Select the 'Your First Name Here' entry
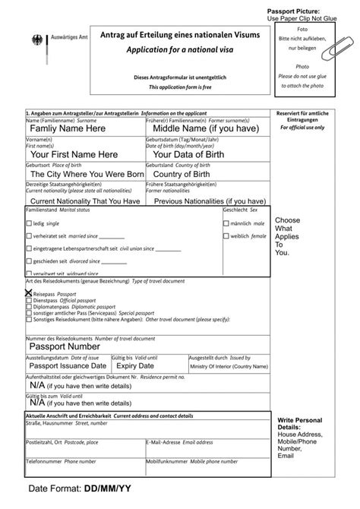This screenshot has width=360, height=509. [x=74, y=154]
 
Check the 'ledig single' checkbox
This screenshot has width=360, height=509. [x=30, y=224]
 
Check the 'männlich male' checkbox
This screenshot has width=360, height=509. [x=226, y=224]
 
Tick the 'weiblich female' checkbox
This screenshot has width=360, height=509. [x=226, y=236]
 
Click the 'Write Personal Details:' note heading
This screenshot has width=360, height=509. [x=300, y=424]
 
